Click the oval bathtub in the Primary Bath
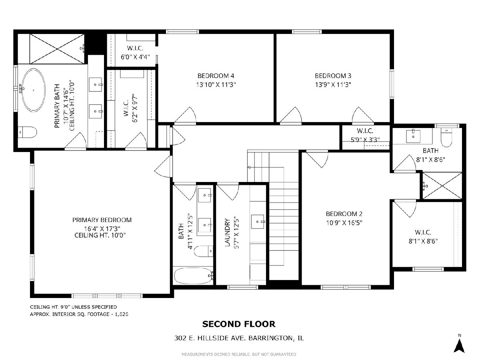tap(34, 90)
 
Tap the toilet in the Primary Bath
tap(27, 132)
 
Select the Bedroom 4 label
tap(216, 76)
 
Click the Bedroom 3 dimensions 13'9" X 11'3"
tap(333, 84)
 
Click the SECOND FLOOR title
tap(238, 324)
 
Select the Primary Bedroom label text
tap(102, 220)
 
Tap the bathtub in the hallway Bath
tap(193, 276)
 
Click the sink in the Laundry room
tap(258, 222)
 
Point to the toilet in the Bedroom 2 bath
tap(446, 137)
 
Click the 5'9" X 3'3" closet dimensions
tap(365, 140)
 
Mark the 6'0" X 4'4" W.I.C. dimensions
tap(135, 57)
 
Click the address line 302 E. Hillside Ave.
tap(239, 338)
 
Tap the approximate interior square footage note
tap(79, 314)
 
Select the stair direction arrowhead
tap(249, 168)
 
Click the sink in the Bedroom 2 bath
tap(413, 136)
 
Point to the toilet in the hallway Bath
tap(203, 251)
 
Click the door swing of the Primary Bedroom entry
tap(163, 166)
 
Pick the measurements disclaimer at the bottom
tap(239, 354)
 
